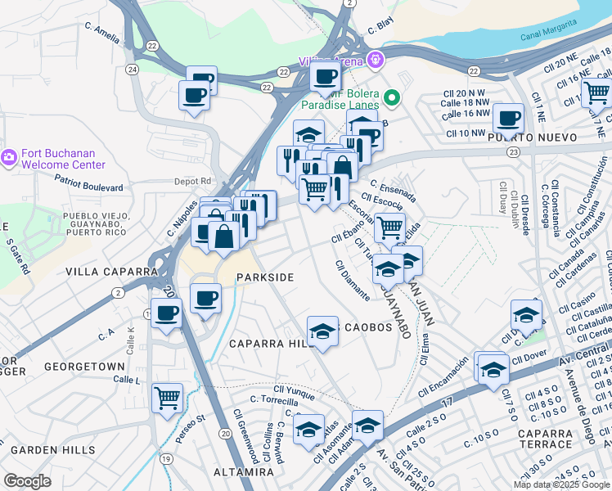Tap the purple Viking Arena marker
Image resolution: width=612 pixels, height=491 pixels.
tap(376, 59)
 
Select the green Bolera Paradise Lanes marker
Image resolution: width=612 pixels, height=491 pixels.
tap(392, 99)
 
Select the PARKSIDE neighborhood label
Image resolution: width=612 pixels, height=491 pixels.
tap(264, 277)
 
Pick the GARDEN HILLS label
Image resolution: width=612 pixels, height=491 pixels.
tap(52, 449)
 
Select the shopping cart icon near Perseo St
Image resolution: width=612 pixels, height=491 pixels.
tap(168, 399)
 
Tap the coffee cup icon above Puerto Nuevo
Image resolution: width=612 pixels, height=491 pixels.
tap(508, 118)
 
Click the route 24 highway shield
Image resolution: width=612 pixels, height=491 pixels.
tap(132, 70)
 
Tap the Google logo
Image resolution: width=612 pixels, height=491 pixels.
tap(27, 481)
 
